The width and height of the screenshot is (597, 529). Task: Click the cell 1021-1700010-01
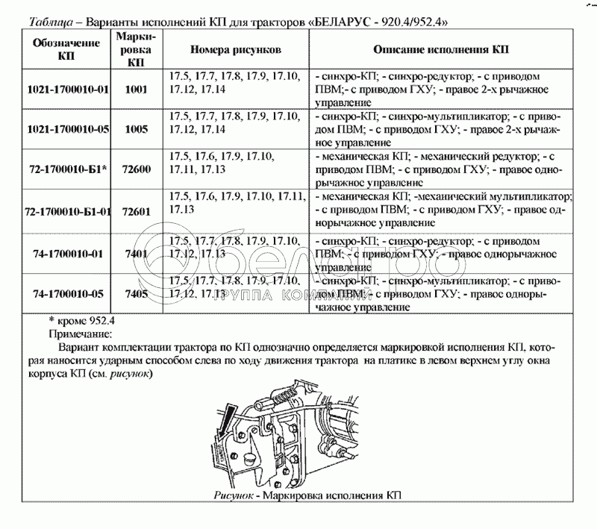pos(67,90)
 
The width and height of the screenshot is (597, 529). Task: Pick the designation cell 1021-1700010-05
pos(67,129)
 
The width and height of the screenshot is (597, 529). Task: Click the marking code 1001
pos(137,90)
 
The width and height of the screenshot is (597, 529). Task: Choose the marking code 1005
pos(137,129)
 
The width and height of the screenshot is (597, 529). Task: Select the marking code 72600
pos(137,169)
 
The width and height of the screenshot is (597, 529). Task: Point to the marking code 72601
pos(137,211)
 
